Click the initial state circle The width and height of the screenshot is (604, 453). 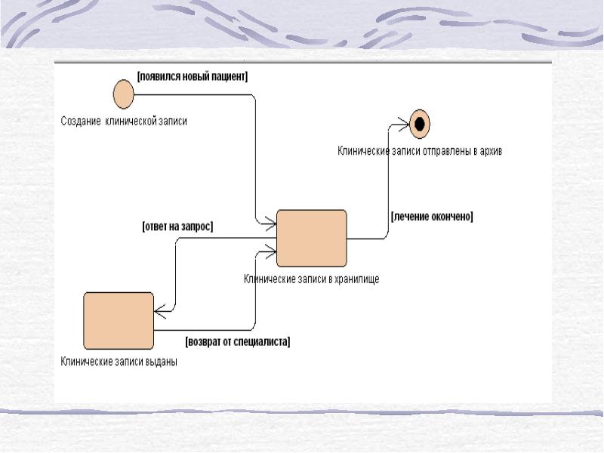(123, 94)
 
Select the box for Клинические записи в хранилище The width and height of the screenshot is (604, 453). (311, 238)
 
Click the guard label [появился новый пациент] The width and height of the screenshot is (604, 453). (193, 75)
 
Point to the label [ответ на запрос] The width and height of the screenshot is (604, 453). (178, 226)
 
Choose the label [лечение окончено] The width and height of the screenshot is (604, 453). (432, 216)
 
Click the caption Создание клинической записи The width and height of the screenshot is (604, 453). (124, 121)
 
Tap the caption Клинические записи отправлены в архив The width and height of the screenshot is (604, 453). (419, 151)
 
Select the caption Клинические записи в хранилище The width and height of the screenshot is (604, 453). (311, 279)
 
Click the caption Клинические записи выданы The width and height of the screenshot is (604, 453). (119, 361)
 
